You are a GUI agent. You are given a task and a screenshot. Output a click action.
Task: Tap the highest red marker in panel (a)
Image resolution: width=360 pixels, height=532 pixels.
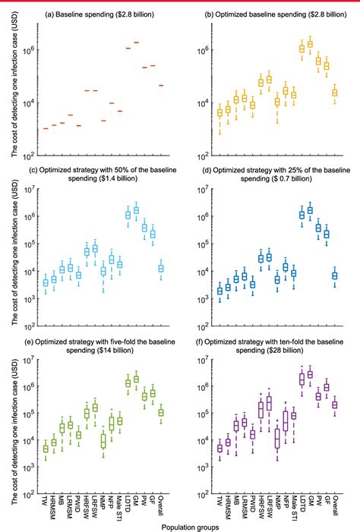point(136,42)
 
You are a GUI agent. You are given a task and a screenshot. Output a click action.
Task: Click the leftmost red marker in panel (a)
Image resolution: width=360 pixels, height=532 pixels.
point(46,128)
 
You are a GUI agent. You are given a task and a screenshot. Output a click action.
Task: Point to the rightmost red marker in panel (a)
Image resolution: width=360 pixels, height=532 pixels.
point(161,86)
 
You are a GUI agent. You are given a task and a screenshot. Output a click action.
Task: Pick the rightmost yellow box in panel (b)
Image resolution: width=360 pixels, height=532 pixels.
point(335,93)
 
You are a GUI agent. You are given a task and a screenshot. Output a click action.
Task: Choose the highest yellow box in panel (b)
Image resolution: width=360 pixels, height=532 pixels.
point(310,45)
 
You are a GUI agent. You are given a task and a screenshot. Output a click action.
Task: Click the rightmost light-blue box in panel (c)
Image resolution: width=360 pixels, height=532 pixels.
point(161,268)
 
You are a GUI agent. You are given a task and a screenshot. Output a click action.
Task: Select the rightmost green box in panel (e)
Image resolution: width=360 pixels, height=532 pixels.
point(161,412)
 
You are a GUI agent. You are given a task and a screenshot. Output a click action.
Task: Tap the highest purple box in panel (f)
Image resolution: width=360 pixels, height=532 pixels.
point(310,374)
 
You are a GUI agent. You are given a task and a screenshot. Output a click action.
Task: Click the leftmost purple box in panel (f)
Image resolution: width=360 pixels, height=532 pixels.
point(219,448)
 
